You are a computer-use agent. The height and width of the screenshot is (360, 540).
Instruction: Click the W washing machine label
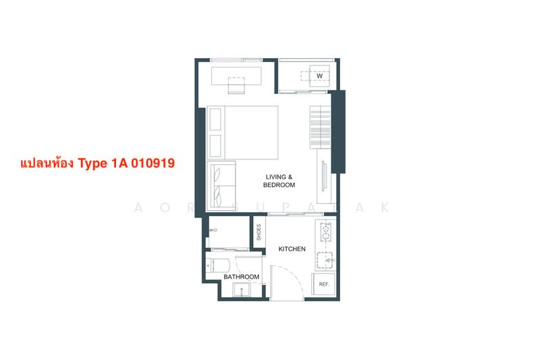pyautogui.click(x=319, y=76)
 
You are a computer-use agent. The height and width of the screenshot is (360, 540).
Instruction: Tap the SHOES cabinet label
pyautogui.click(x=259, y=232)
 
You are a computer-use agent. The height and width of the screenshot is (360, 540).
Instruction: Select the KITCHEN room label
pyautogui.click(x=292, y=249)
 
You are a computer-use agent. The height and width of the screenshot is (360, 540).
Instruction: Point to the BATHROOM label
pyautogui.click(x=241, y=277)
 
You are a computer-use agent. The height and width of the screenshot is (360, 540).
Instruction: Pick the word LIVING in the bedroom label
pyautogui.click(x=279, y=177)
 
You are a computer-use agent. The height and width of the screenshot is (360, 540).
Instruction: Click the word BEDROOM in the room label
pyautogui.click(x=279, y=184)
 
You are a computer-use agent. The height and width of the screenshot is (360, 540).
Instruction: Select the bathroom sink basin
pyautogui.click(x=241, y=291)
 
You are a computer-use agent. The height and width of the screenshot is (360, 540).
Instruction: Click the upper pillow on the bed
pyautogui.click(x=215, y=120)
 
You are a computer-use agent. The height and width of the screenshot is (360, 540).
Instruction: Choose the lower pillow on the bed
pyautogui.click(x=215, y=145)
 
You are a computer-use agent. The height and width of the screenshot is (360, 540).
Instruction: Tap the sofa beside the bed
pyautogui.click(x=221, y=186)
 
